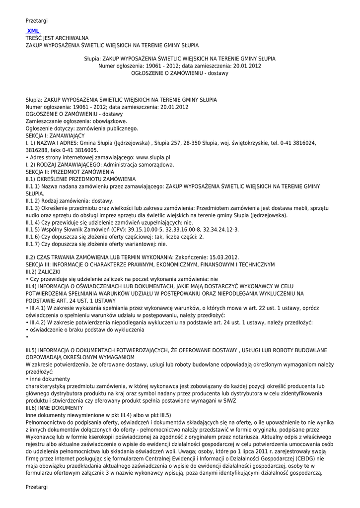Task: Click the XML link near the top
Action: (x=33, y=31)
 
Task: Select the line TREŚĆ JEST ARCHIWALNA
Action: (x=57, y=38)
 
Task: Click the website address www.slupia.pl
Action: (x=149, y=157)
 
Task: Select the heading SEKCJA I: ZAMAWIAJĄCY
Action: (x=55, y=135)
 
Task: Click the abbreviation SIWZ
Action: (x=231, y=400)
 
